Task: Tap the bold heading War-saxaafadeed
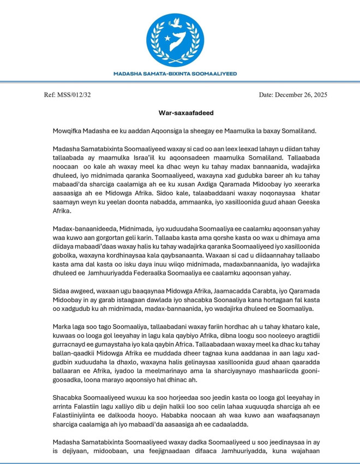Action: [179, 113]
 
